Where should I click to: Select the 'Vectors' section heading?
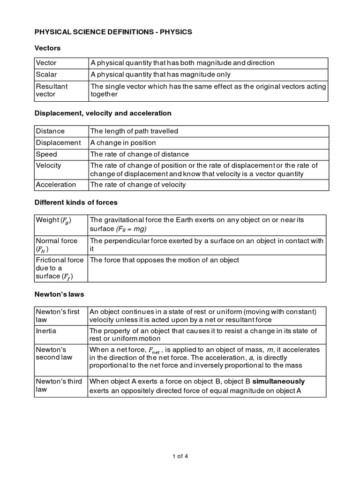pos(47,48)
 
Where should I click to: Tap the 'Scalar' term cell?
pos(46,75)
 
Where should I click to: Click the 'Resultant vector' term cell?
pos(52,90)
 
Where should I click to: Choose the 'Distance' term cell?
pos(50,131)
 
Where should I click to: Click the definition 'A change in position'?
pos(123,142)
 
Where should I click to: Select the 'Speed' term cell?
pos(46,154)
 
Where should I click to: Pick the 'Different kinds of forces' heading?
pos(76,202)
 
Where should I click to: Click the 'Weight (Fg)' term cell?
pos(54,220)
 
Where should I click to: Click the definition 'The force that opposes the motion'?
pos(165,260)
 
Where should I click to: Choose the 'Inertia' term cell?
pos(46,331)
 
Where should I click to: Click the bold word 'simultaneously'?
pos(278,381)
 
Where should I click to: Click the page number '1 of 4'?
pos(180,455)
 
